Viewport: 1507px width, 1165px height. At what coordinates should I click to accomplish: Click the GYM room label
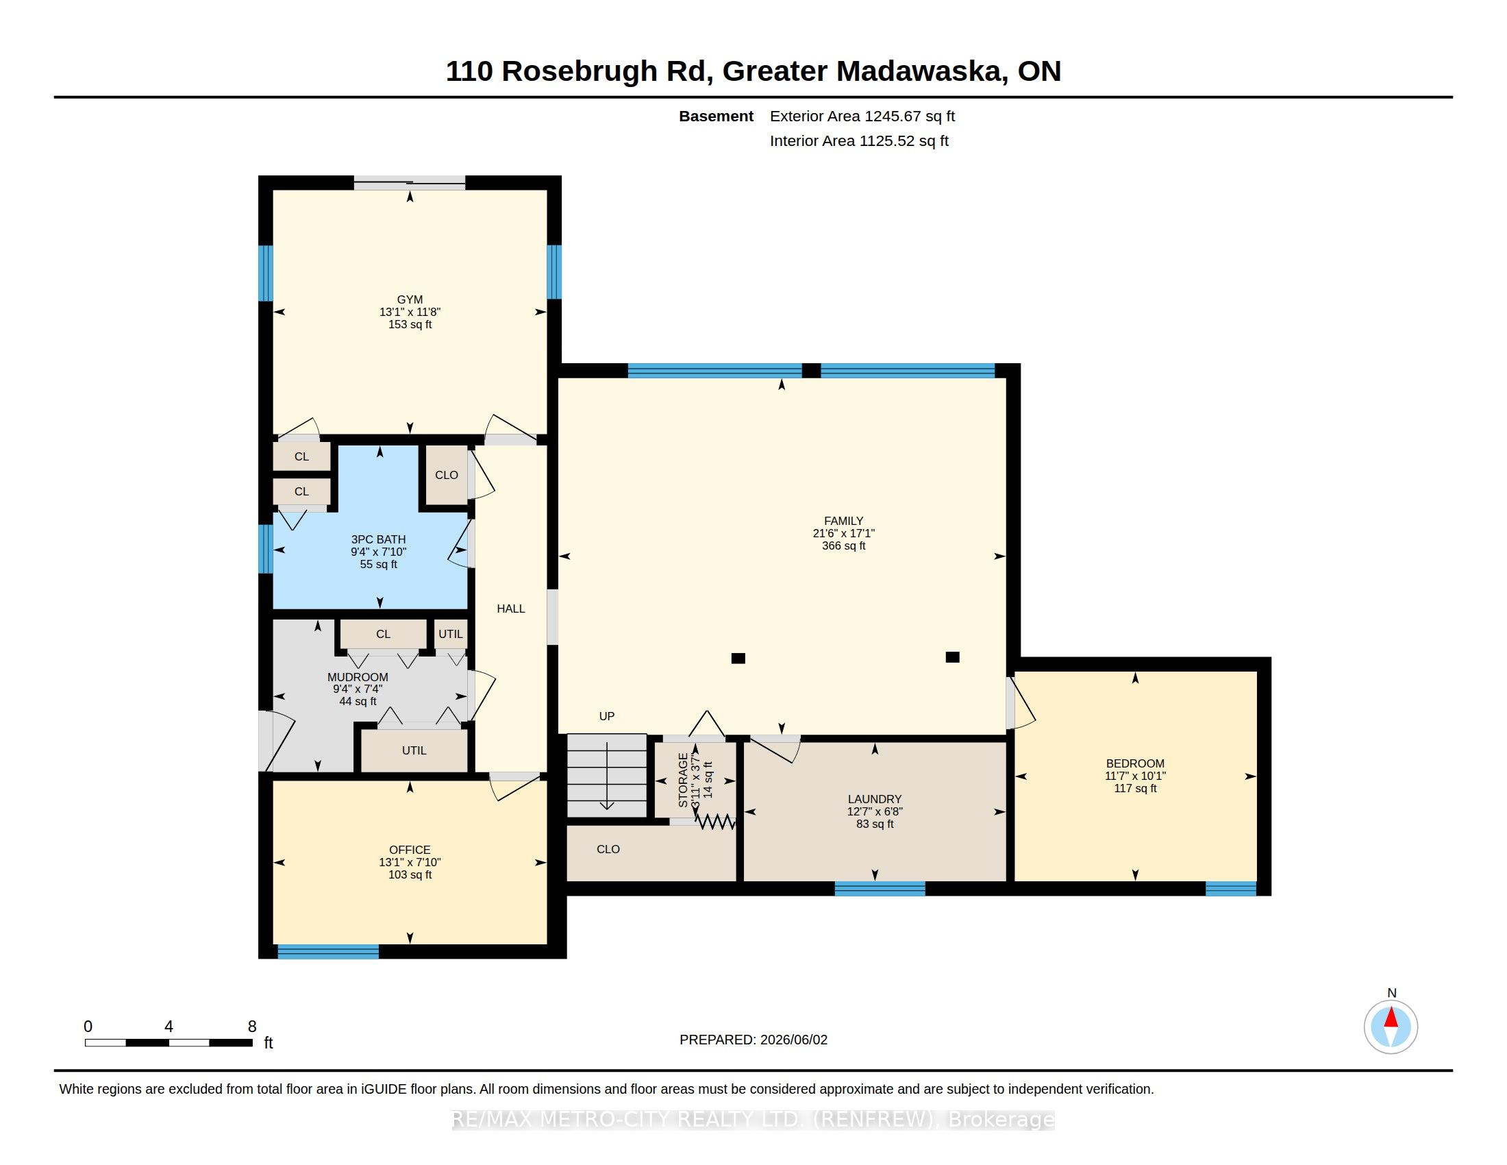[410, 299]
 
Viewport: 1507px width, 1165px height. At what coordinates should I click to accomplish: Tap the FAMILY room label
[843, 521]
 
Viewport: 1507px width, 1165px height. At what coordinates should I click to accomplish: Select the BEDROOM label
[1135, 763]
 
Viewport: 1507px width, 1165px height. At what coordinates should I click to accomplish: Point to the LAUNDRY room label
[875, 799]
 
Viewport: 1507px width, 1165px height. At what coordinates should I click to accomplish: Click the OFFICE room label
[410, 850]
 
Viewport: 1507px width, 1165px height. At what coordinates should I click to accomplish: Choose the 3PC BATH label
[378, 540]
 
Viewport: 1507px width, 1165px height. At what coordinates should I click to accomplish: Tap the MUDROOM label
[358, 677]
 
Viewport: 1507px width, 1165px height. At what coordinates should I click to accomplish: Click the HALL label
[510, 609]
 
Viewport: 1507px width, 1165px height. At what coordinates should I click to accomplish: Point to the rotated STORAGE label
[683, 781]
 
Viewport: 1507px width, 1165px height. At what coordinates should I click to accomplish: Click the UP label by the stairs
[606, 716]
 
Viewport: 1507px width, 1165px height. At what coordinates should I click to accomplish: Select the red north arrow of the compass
[1391, 1017]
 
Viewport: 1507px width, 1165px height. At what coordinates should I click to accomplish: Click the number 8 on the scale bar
[252, 1027]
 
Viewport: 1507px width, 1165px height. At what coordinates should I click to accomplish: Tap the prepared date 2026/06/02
[793, 1040]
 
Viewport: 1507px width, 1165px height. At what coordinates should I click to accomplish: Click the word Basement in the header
[716, 116]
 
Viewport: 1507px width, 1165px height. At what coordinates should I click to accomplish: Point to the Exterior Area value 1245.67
[891, 116]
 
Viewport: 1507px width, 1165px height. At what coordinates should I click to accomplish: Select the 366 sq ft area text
[843, 546]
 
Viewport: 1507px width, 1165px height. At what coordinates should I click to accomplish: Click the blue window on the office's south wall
[328, 952]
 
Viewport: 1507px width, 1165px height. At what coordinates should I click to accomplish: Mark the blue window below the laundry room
[880, 889]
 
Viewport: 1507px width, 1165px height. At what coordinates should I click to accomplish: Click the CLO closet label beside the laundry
[608, 849]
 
